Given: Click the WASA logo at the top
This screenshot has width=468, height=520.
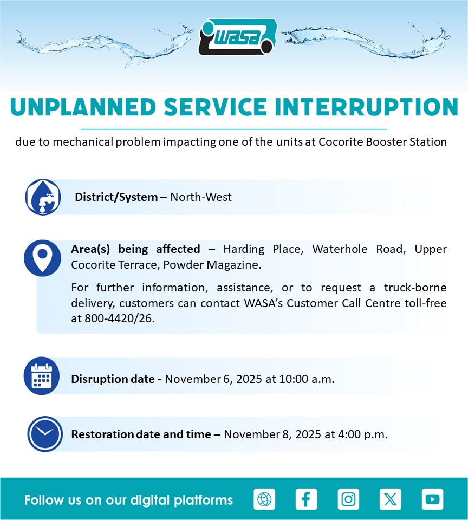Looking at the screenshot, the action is coord(237,37).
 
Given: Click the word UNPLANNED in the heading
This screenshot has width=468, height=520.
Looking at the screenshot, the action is coord(83,107).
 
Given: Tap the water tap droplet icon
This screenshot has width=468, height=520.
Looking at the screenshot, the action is coord(43,197).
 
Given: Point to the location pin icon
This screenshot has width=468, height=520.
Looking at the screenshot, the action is coord(42,258).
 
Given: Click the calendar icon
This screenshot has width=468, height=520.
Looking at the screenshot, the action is coord(42,376).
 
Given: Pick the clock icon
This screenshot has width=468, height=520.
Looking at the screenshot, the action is coord(45,434).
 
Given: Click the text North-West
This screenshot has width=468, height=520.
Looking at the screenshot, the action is coord(200,197).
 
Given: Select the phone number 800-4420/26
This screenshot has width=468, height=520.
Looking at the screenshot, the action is coord(119,318).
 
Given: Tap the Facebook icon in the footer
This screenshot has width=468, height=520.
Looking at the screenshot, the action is coord(306,499).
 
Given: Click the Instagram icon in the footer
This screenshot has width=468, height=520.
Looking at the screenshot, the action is coord(348,499).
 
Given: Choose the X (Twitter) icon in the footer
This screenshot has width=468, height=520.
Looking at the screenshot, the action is coord(391,499).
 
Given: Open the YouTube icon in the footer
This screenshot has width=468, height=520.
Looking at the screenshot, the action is coord(432,499).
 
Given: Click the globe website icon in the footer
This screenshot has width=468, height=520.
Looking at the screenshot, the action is coord(264,499).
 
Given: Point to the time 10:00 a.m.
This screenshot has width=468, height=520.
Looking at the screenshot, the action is coord(307,379).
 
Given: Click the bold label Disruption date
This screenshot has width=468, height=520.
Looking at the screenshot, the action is coord(113,379).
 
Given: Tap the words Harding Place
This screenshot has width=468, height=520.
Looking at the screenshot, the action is coord(263,249).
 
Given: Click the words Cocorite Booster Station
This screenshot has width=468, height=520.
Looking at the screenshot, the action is coord(383,141).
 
